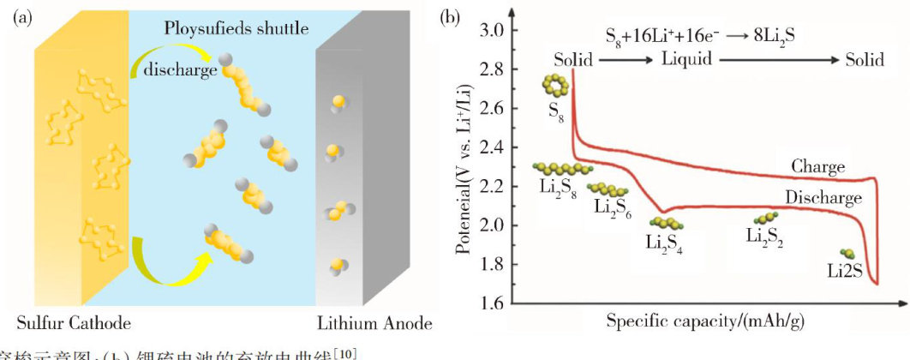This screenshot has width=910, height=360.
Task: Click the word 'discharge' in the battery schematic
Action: (180, 69)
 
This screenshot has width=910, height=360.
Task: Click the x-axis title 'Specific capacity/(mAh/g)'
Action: (705, 322)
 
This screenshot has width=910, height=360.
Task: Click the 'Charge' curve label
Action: (817, 166)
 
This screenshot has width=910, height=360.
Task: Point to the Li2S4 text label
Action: (664, 240)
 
